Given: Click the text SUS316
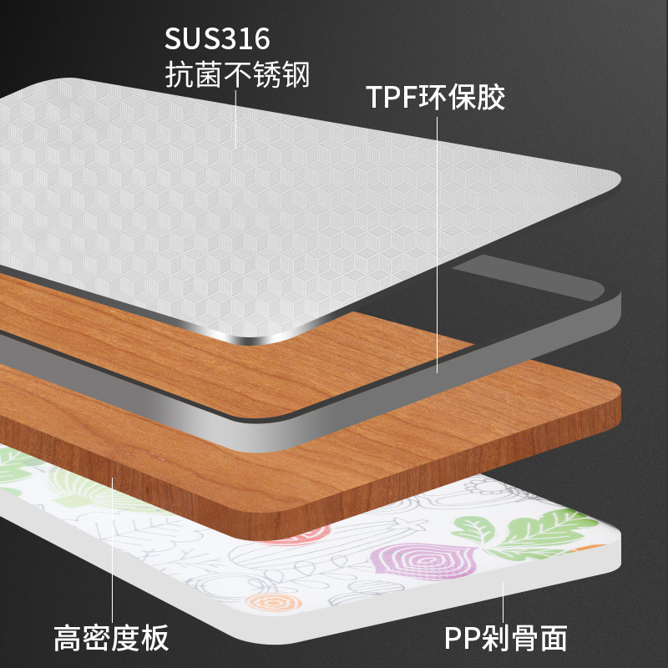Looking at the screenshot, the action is (218, 39).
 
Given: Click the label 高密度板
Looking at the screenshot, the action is (111, 638).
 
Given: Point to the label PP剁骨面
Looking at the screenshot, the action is (505, 638).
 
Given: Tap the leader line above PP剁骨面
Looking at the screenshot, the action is (504, 601).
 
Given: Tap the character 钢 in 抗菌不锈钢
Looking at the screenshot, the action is (296, 76).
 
